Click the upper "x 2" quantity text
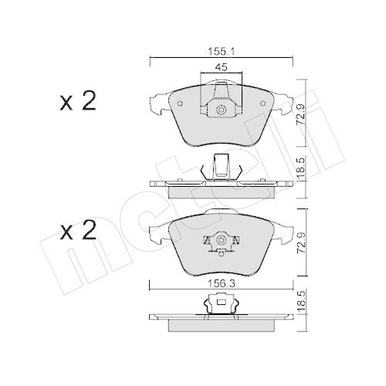pyautogui.click(x=77, y=102)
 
